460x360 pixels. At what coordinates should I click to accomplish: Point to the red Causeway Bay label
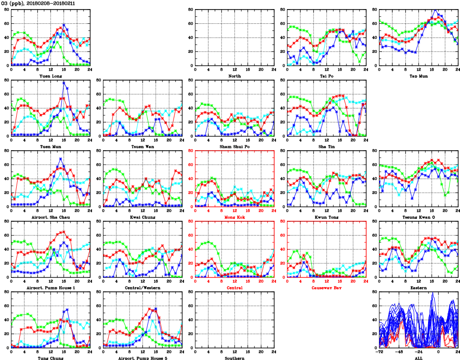click(x=327, y=288)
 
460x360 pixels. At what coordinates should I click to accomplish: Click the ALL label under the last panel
click(x=419, y=358)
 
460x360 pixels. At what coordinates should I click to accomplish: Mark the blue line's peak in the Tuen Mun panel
click(x=64, y=82)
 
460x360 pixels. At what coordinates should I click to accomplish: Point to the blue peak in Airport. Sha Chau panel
click(x=61, y=158)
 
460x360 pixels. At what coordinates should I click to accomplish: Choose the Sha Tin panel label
click(x=327, y=146)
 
